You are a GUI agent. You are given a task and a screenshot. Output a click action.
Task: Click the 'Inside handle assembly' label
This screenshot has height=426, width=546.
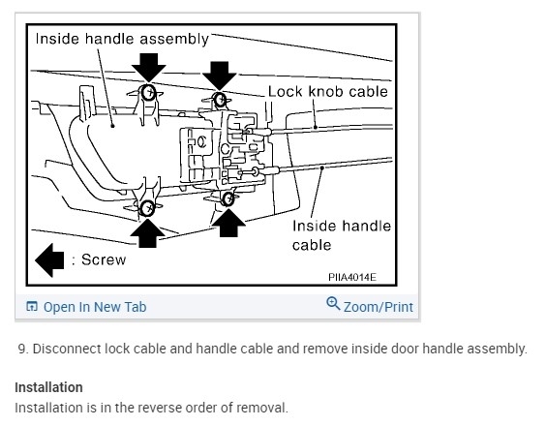point(122,39)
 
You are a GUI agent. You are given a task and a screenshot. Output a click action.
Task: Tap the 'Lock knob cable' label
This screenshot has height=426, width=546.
point(327,92)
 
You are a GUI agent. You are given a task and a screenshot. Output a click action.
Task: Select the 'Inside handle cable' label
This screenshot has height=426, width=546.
point(342,235)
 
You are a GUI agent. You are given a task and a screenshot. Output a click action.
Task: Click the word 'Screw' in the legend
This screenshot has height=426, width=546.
point(104,259)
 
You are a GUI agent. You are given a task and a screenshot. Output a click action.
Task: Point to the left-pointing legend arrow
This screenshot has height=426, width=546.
point(49,260)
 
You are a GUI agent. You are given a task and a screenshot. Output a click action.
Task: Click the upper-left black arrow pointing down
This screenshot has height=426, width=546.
point(149,68)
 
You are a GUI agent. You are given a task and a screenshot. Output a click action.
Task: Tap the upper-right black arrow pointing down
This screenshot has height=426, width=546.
point(220,76)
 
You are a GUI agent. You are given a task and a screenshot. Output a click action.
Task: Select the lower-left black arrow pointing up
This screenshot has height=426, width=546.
point(148,233)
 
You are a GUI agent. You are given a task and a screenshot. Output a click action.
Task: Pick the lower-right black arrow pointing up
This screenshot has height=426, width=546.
point(228,223)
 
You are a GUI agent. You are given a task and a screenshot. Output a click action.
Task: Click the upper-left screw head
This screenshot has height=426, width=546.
point(149,93)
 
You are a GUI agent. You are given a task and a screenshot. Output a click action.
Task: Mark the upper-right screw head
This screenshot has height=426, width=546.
point(220,100)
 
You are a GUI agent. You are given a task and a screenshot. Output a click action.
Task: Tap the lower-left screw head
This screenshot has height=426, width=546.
point(147,208)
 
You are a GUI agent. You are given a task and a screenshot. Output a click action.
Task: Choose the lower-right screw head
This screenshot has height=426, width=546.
point(228,198)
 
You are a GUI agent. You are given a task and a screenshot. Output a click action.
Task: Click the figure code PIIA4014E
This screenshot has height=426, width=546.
point(352,277)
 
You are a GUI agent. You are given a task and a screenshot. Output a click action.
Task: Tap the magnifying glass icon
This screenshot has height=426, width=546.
point(333,303)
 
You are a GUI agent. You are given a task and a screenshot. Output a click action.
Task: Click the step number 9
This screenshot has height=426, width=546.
point(23,349)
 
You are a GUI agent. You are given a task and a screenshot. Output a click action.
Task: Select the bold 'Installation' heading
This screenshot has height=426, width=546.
point(48,387)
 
